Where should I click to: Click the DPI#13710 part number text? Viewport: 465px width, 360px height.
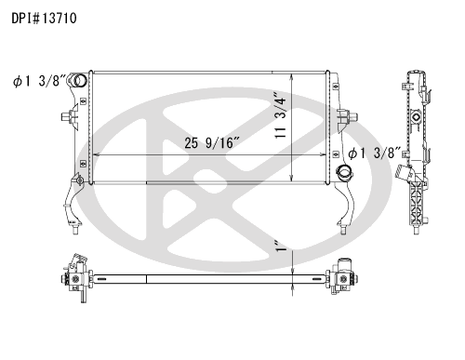click(x=44, y=19)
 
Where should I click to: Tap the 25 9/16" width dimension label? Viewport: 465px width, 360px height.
click(x=212, y=143)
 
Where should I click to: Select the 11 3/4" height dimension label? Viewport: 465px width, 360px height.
click(x=281, y=114)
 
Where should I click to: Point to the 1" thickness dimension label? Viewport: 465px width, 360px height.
click(x=282, y=246)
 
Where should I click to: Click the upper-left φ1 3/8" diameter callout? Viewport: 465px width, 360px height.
click(x=39, y=81)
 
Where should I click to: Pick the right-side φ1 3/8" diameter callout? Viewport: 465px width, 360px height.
click(x=375, y=153)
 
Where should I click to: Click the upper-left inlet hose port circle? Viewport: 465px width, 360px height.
click(x=80, y=80)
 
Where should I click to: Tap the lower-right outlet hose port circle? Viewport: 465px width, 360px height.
click(x=345, y=171)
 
